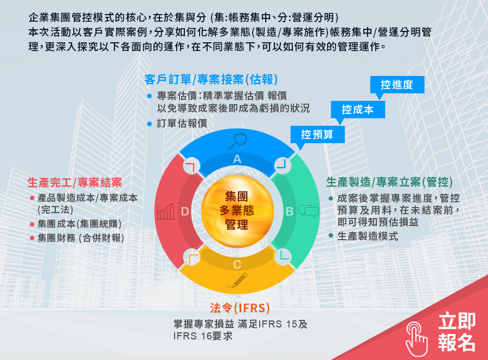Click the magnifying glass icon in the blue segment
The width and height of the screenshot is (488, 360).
(237, 142)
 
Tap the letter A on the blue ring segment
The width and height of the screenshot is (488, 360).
(237, 159)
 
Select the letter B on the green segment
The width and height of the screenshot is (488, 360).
(290, 211)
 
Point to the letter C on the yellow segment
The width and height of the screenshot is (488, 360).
(237, 265)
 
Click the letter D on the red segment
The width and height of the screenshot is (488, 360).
(185, 211)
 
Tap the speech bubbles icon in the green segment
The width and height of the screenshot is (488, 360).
(308, 211)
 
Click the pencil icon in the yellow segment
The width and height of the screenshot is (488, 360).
(237, 280)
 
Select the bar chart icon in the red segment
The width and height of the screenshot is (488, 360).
(165, 211)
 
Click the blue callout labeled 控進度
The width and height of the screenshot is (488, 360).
(397, 85)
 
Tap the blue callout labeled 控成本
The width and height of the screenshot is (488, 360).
(358, 110)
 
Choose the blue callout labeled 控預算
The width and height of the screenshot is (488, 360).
(317, 134)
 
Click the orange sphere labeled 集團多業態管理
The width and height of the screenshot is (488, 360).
(237, 211)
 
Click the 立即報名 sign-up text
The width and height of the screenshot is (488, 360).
(457, 332)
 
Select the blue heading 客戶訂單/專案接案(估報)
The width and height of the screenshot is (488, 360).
(211, 80)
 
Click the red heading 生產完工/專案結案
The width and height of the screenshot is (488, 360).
(75, 183)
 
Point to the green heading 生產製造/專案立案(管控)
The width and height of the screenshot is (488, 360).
(389, 182)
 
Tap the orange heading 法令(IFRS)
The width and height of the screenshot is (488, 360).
(240, 308)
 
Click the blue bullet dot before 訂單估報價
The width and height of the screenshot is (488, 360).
(150, 124)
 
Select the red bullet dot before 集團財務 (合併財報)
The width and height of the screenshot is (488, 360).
(32, 239)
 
